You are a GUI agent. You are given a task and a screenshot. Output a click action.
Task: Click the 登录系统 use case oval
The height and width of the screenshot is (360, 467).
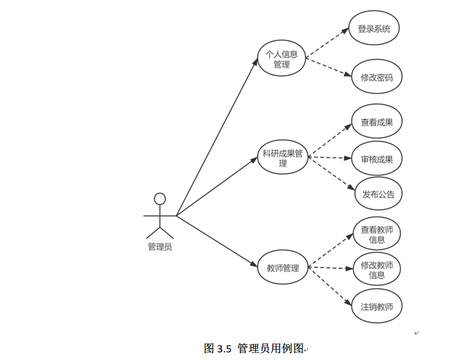[x=374, y=29]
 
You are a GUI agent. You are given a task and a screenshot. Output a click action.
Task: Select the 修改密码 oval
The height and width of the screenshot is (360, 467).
[x=377, y=77]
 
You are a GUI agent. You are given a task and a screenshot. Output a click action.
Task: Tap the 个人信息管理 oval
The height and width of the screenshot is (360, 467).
[x=281, y=60]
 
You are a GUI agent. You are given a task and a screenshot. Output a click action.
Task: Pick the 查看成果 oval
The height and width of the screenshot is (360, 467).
[x=377, y=122]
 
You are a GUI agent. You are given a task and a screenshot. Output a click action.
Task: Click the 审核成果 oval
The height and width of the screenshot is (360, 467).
[x=377, y=159]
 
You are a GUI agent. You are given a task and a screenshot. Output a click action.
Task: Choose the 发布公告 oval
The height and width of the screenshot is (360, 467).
[x=378, y=194]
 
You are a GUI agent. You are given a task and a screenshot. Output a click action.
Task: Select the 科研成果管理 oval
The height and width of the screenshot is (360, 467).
[x=283, y=158]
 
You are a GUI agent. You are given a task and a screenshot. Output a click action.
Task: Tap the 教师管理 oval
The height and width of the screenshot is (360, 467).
[x=283, y=269]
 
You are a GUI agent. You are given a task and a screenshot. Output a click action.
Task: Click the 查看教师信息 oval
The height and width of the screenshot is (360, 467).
[x=377, y=234]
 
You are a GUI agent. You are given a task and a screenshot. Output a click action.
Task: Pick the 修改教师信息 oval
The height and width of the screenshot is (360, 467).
[x=377, y=270]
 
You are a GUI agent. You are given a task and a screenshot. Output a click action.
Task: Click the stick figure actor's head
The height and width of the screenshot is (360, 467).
[x=159, y=199]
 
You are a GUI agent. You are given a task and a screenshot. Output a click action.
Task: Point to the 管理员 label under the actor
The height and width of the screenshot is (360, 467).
[x=160, y=246]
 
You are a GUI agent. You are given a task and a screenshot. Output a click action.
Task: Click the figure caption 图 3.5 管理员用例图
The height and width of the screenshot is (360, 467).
[x=254, y=348]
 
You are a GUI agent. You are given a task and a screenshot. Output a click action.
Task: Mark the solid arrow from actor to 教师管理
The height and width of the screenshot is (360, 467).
[x=217, y=242]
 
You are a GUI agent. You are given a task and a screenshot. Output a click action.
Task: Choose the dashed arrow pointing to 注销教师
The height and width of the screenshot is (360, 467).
[x=331, y=286]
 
